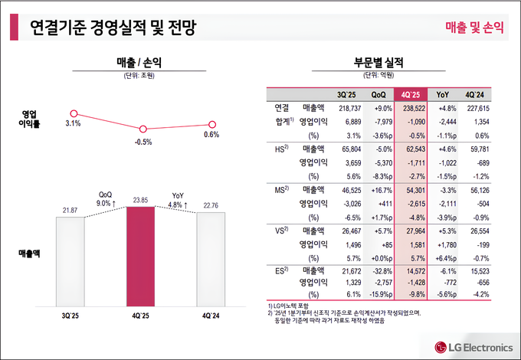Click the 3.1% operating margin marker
coord(74,113)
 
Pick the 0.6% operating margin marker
coord(212,124)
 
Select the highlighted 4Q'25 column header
coord(409,95)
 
